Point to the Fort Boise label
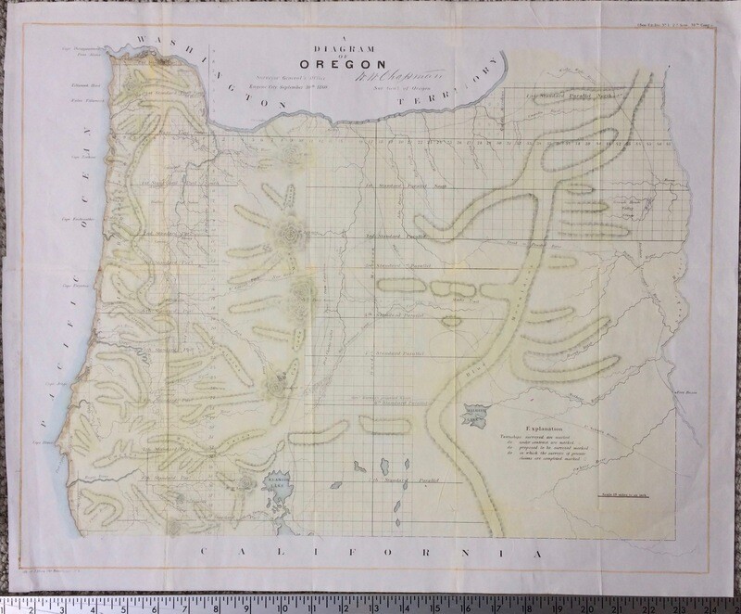coord(686,392)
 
